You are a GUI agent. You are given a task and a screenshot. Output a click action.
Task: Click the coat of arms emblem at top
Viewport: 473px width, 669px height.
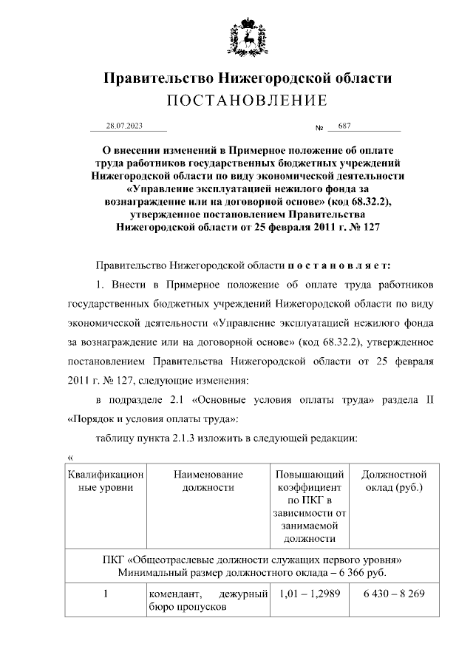(x=246, y=35)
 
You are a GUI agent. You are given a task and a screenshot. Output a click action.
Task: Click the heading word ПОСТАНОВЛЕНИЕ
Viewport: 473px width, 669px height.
(x=246, y=101)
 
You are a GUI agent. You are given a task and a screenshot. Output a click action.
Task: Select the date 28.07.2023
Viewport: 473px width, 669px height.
(x=123, y=126)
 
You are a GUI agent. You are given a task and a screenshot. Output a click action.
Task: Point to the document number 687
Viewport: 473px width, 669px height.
(x=344, y=126)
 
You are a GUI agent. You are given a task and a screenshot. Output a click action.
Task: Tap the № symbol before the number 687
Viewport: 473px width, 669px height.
(x=320, y=127)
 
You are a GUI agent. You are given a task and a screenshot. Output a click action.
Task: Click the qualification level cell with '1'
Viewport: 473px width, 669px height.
(x=105, y=595)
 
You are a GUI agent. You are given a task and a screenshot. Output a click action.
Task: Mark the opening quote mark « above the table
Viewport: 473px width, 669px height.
(x=69, y=456)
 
